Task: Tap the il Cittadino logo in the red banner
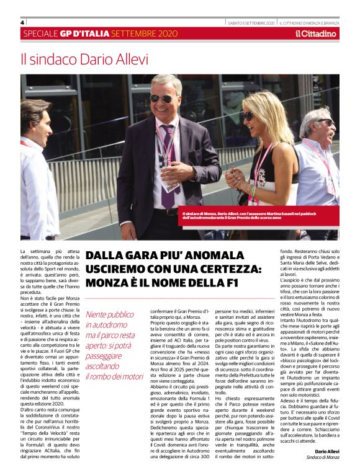point(315,33)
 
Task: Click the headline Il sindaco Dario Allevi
point(84,60)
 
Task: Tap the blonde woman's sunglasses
point(248,115)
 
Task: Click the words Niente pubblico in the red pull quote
point(109,315)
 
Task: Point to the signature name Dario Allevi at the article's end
point(327,451)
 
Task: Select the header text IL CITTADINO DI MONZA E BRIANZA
point(316,22)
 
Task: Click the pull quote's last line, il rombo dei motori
point(114,376)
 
